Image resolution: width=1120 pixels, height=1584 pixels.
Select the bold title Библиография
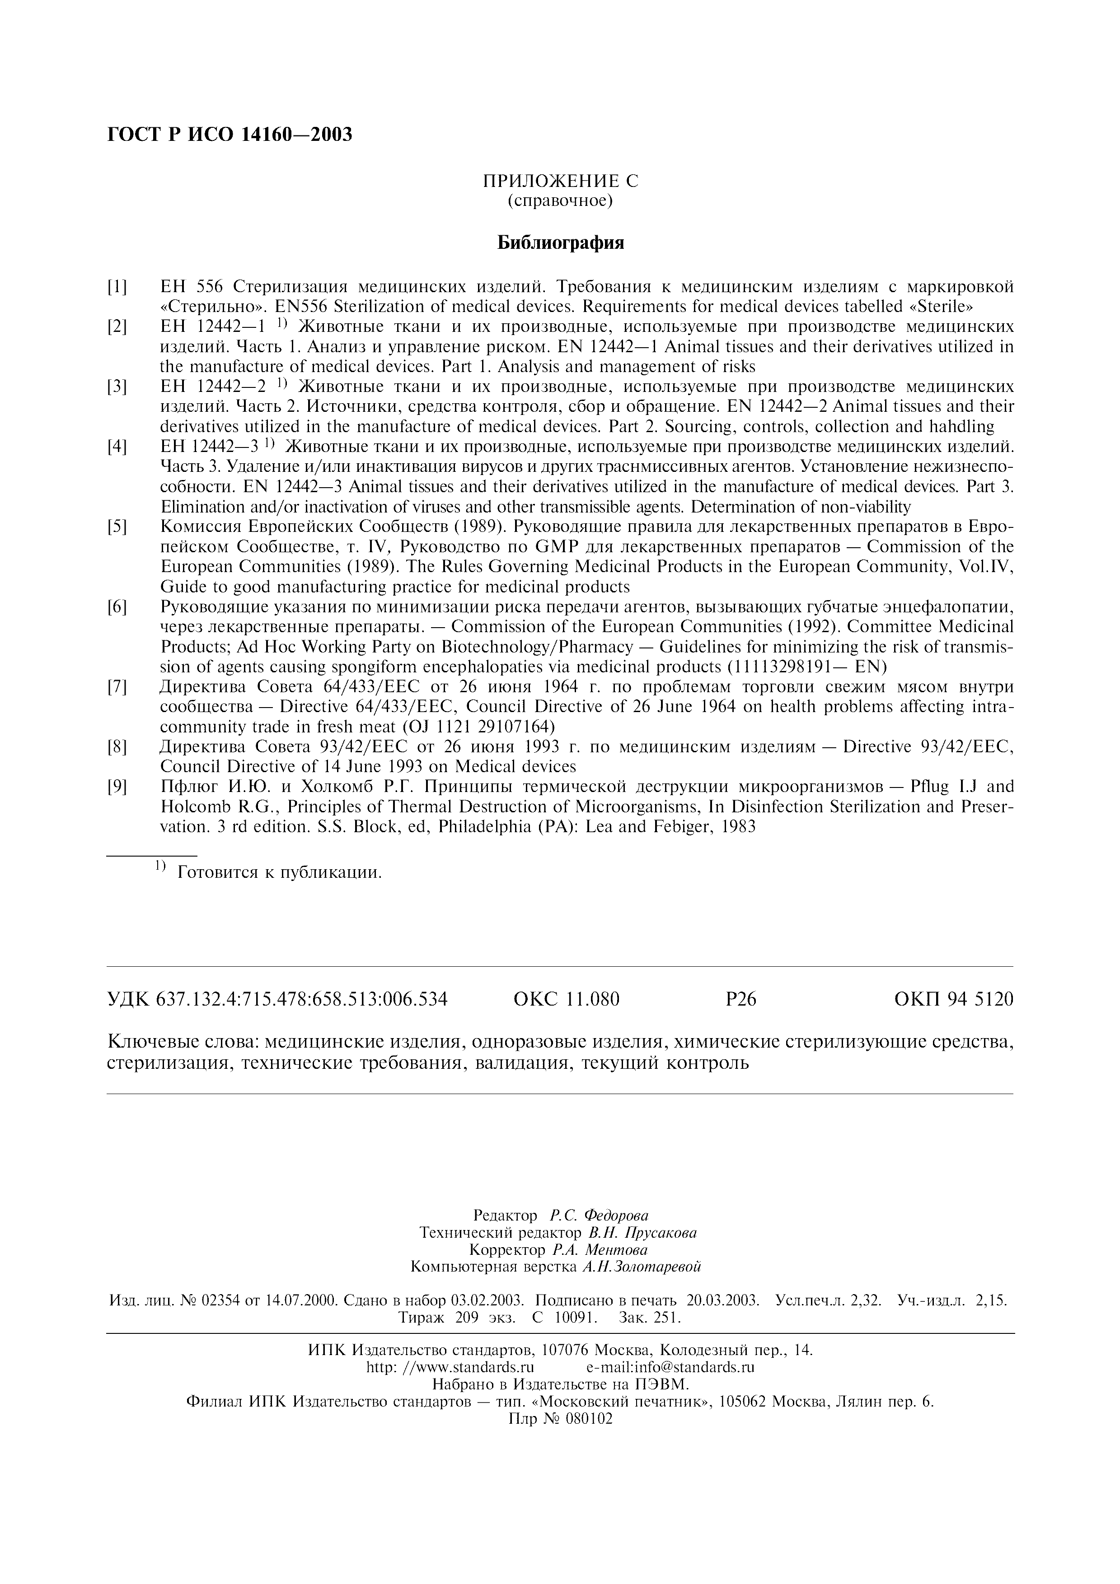[560, 243]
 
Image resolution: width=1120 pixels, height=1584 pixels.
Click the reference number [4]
[117, 447]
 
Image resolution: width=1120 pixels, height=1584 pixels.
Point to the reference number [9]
[117, 787]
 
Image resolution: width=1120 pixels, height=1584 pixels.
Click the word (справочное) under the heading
[560, 201]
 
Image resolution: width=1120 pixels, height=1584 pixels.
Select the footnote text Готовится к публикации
[280, 873]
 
